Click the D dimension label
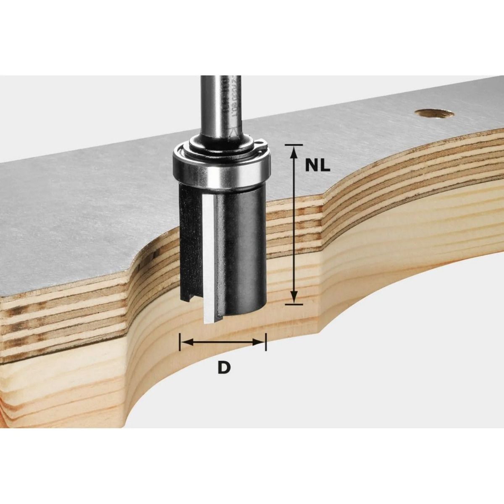tap(224, 367)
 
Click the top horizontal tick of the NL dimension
tap(294, 144)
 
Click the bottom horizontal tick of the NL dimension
tap(294, 303)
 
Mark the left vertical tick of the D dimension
tap(180, 342)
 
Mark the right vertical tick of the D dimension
tap(266, 342)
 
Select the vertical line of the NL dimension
tap(294, 223)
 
